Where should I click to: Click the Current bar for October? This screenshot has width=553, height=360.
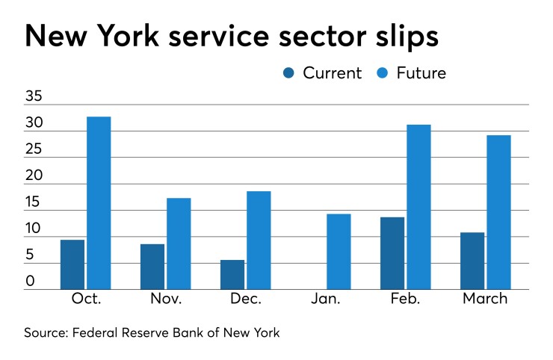click(72, 264)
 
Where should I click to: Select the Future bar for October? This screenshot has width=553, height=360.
click(99, 203)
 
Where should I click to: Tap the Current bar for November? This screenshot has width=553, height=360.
click(152, 267)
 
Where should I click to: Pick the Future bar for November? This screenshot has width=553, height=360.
click(179, 243)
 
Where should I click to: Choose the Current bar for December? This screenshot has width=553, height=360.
click(232, 275)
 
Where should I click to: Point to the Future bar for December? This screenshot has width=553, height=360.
click(259, 240)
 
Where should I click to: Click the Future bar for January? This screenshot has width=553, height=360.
click(339, 252)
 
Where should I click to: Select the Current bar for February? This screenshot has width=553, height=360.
click(392, 253)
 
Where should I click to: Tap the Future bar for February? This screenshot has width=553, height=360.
click(418, 207)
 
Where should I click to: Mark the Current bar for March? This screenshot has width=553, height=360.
click(472, 261)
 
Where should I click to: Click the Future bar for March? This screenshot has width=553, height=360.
click(498, 212)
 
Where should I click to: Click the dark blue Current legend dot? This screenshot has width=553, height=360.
click(289, 73)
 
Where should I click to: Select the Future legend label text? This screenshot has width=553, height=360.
click(421, 73)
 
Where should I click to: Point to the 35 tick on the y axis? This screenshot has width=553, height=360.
click(35, 97)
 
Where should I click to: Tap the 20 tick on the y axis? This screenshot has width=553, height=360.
click(35, 176)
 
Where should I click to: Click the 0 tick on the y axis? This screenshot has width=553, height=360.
click(30, 282)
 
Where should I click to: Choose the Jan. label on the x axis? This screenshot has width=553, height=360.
click(325, 299)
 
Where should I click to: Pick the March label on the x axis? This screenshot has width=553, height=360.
click(485, 299)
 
